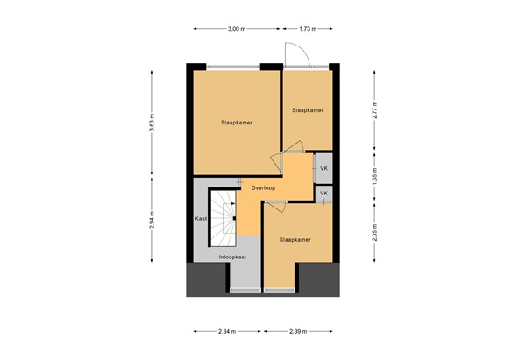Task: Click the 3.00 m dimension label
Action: coord(235,30)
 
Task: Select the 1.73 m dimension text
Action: coord(307,30)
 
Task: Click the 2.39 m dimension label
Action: coord(299,331)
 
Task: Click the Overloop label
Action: coord(263,188)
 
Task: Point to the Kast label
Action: coord(201,218)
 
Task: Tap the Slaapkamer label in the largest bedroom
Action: coord(236,123)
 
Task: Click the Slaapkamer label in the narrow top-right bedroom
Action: coord(308,110)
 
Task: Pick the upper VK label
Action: coord(323,168)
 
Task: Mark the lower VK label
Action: coord(323,193)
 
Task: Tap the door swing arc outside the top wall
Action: coord(298,54)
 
